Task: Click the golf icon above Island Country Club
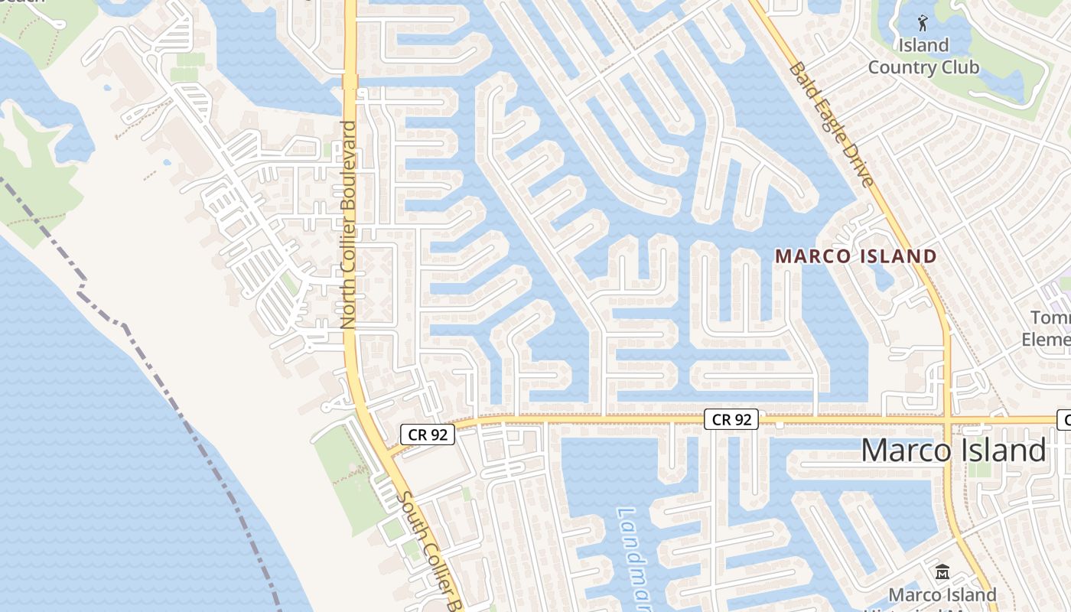923,22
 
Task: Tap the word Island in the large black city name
1001,451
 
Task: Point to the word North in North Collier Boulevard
349,304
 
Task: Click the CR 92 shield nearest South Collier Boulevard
428,435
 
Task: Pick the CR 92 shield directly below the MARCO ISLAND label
731,419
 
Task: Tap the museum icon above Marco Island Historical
942,571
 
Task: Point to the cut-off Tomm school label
1050,317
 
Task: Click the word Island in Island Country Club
923,46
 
